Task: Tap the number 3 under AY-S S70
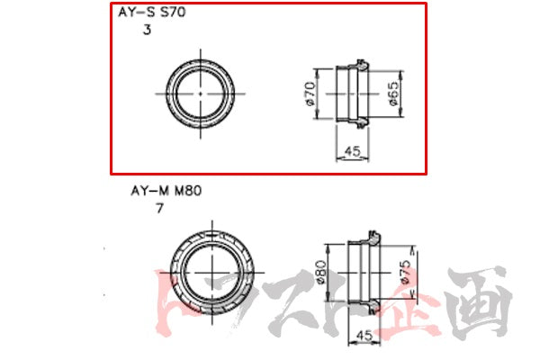click(147, 30)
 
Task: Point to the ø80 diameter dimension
click(320, 271)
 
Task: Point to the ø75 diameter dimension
click(407, 271)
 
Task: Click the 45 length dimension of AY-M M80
click(364, 335)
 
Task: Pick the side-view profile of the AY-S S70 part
click(352, 92)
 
